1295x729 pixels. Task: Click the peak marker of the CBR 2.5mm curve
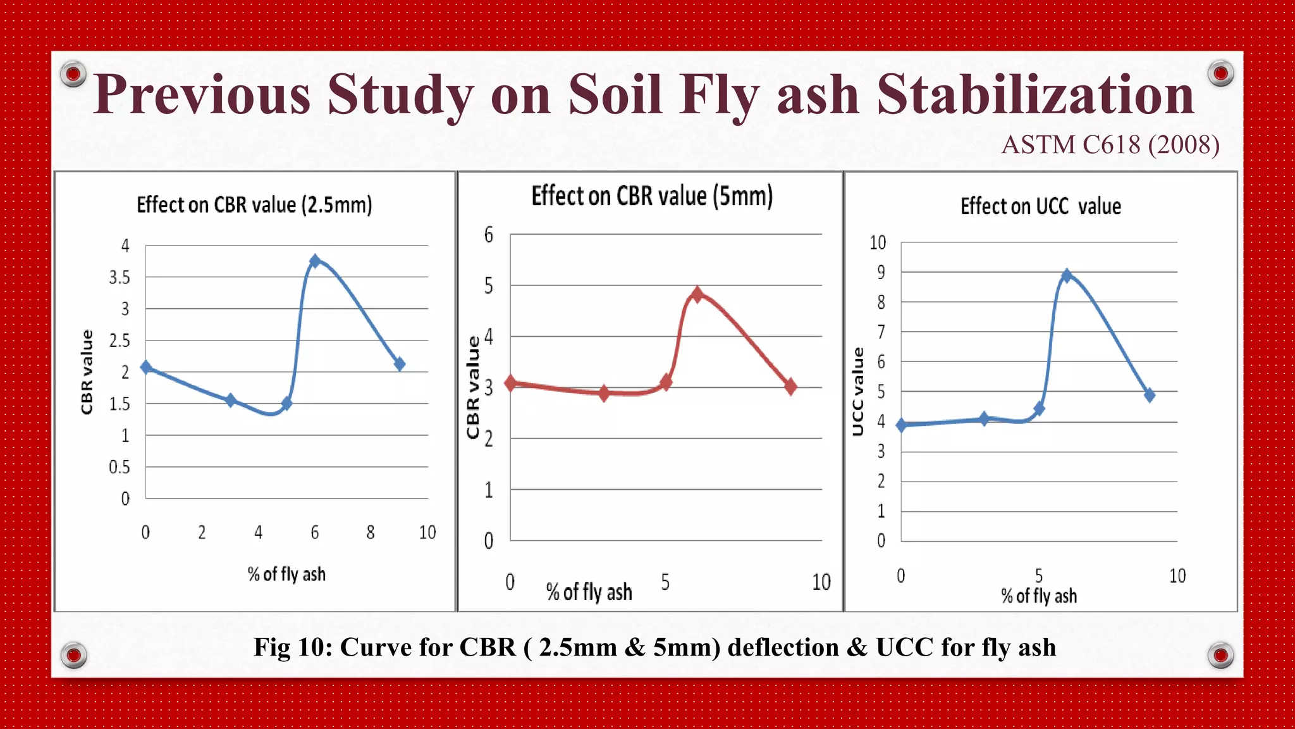315,261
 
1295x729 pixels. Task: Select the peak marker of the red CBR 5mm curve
697,294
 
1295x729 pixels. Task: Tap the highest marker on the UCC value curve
1067,276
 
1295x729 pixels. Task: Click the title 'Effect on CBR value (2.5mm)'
254,205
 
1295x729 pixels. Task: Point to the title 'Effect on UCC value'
1040,206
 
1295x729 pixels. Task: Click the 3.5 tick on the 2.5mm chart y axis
120,277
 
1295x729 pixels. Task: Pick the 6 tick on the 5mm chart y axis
488,235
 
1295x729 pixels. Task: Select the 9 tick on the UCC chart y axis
880,273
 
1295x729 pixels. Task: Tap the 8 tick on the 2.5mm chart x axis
371,532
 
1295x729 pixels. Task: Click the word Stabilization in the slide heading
1035,95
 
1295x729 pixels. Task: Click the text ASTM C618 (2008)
1110,145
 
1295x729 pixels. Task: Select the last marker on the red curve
790,386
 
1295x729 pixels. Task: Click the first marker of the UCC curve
902,425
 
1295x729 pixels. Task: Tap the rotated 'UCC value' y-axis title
858,391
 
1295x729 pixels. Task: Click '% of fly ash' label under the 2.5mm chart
286,574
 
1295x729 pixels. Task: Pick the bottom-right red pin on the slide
1220,655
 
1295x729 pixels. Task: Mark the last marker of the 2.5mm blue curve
399,364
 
